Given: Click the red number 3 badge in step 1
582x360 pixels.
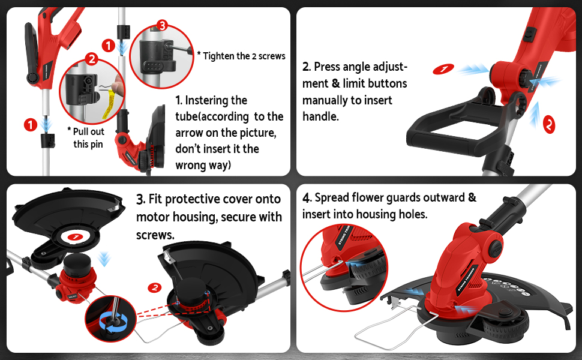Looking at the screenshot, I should [x=160, y=26].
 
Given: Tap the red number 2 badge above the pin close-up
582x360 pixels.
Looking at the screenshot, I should [x=92, y=59].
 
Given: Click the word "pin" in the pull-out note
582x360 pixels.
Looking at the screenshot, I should [x=96, y=144].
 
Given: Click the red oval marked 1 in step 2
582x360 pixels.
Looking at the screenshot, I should [x=443, y=70].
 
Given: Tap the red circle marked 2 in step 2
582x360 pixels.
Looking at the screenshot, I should [x=548, y=124].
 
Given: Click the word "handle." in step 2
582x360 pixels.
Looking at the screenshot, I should [x=320, y=116].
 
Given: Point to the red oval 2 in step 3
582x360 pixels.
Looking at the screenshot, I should [x=155, y=287].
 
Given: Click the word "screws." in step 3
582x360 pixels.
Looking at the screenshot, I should [x=155, y=235].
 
